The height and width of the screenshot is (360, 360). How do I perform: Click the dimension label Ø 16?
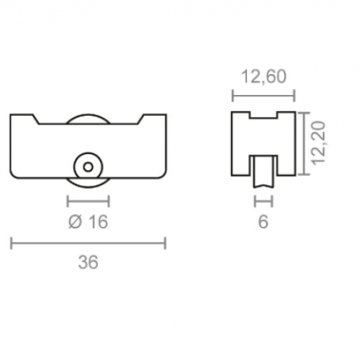tap(88, 222)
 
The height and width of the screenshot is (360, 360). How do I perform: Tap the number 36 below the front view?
tap(88, 263)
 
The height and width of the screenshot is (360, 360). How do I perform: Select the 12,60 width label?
tap(264, 76)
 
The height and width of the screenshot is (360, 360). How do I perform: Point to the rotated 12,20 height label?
tap(320, 143)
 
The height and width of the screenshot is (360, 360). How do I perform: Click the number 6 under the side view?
tap(263, 222)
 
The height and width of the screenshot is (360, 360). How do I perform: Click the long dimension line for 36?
tap(88, 243)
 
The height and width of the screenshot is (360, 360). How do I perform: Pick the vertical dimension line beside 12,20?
tap(305, 143)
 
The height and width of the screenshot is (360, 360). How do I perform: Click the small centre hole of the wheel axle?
tap(88, 166)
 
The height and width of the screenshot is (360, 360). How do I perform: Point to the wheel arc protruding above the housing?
tap(88, 117)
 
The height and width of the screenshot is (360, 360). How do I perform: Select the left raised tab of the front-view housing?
tap(23, 117)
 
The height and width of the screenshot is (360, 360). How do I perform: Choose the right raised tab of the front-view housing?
tap(154, 117)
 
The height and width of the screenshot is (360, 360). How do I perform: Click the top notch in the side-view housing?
tap(263, 116)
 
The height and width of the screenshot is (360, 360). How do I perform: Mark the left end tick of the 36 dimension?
tap(12, 243)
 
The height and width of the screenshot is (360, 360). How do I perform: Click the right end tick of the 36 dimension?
tap(166, 243)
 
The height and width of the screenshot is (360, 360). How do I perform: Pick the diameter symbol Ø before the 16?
tap(74, 222)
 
